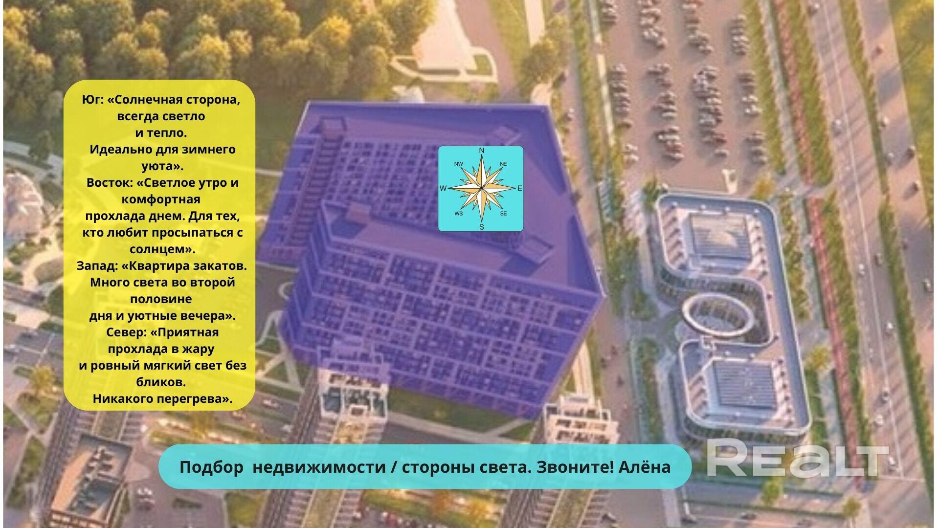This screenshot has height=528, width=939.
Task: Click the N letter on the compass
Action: point(481,151)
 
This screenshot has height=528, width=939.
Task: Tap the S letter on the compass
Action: point(481,227)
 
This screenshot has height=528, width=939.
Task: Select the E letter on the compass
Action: point(519,189)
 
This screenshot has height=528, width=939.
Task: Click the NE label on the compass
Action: point(503,164)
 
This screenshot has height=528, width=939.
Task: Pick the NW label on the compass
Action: point(459,164)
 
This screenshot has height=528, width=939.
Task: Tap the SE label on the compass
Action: point(503,214)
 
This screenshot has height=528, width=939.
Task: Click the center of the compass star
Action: point(481,188)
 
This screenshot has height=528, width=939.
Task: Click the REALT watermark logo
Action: point(797,458)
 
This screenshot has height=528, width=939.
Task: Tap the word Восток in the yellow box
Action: point(108,183)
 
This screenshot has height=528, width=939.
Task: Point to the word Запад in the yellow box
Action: point(97,266)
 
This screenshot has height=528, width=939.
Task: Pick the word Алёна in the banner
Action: point(645,467)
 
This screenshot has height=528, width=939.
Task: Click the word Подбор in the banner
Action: point(211,467)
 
